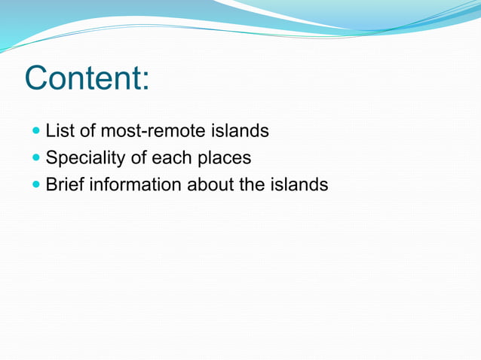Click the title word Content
pyautogui.click(x=85, y=78)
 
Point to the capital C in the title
pyautogui.click(x=38, y=78)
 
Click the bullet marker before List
pyautogui.click(x=38, y=131)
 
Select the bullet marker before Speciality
pyautogui.click(x=38, y=158)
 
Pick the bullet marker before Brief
pyautogui.click(x=38, y=185)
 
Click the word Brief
pyautogui.click(x=65, y=185)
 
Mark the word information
pyautogui.click(x=136, y=185)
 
